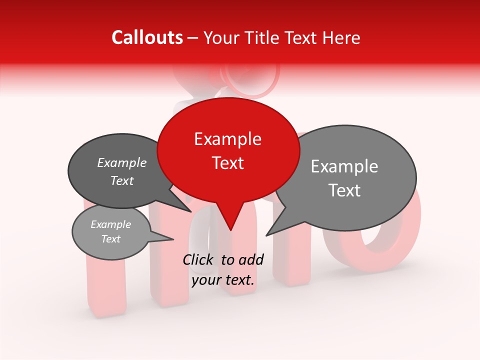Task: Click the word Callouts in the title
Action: click(147, 37)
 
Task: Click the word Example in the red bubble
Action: click(227, 139)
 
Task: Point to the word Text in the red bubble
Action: click(227, 163)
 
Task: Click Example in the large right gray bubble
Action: click(344, 166)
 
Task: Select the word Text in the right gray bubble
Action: click(344, 190)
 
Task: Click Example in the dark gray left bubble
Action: click(122, 163)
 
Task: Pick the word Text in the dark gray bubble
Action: click(122, 181)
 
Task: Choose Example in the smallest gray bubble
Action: click(110, 224)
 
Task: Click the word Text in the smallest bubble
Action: click(110, 239)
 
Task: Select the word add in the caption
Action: click(251, 259)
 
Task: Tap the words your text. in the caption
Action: click(223, 280)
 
